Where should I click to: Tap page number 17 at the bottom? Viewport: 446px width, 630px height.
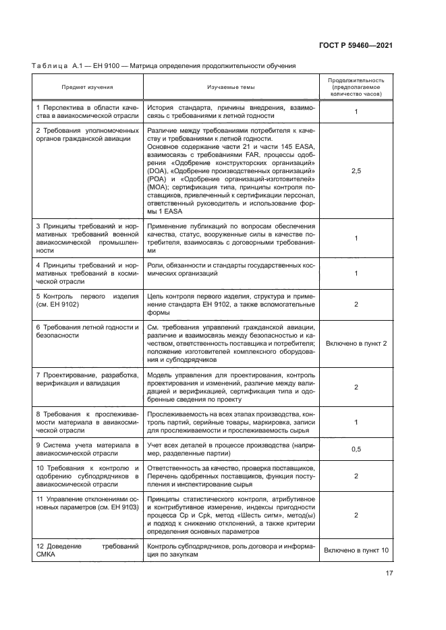pyautogui.click(x=389, y=573)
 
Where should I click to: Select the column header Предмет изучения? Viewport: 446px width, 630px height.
pyautogui.click(x=87, y=87)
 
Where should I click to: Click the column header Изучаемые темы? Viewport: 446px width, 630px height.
pyautogui.click(x=231, y=87)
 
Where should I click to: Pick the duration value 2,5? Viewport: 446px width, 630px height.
pyautogui.click(x=356, y=172)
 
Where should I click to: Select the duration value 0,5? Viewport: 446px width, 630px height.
pyautogui.click(x=356, y=449)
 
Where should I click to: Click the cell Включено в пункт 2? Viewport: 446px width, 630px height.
pyautogui.click(x=356, y=344)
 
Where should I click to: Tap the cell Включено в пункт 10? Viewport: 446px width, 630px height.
pyautogui.click(x=356, y=550)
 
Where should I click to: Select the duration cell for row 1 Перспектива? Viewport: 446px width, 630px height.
pyautogui.click(x=356, y=112)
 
